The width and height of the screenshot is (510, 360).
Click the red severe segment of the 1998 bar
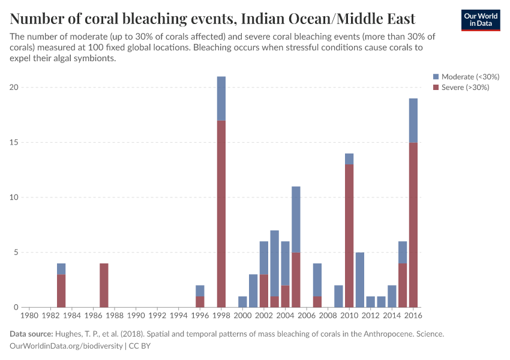(x=221, y=214)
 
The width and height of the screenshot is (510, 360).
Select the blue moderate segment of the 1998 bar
(x=221, y=98)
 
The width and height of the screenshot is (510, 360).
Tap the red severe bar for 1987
(x=104, y=285)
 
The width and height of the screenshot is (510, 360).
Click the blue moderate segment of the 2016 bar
(x=413, y=120)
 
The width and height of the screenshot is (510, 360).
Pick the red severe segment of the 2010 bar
(x=349, y=236)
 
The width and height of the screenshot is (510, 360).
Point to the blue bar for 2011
(x=360, y=280)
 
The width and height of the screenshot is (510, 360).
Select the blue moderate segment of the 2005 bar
(x=296, y=219)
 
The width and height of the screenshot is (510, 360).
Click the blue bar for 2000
(x=242, y=302)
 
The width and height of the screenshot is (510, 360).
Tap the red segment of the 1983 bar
(x=61, y=290)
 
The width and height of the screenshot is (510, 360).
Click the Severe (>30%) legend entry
(x=461, y=88)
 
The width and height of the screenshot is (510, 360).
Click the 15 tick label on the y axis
(x=15, y=142)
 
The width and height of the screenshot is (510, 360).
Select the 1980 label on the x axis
(x=29, y=314)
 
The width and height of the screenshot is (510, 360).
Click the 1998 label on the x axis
(x=221, y=314)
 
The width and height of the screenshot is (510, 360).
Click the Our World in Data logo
(x=481, y=20)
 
